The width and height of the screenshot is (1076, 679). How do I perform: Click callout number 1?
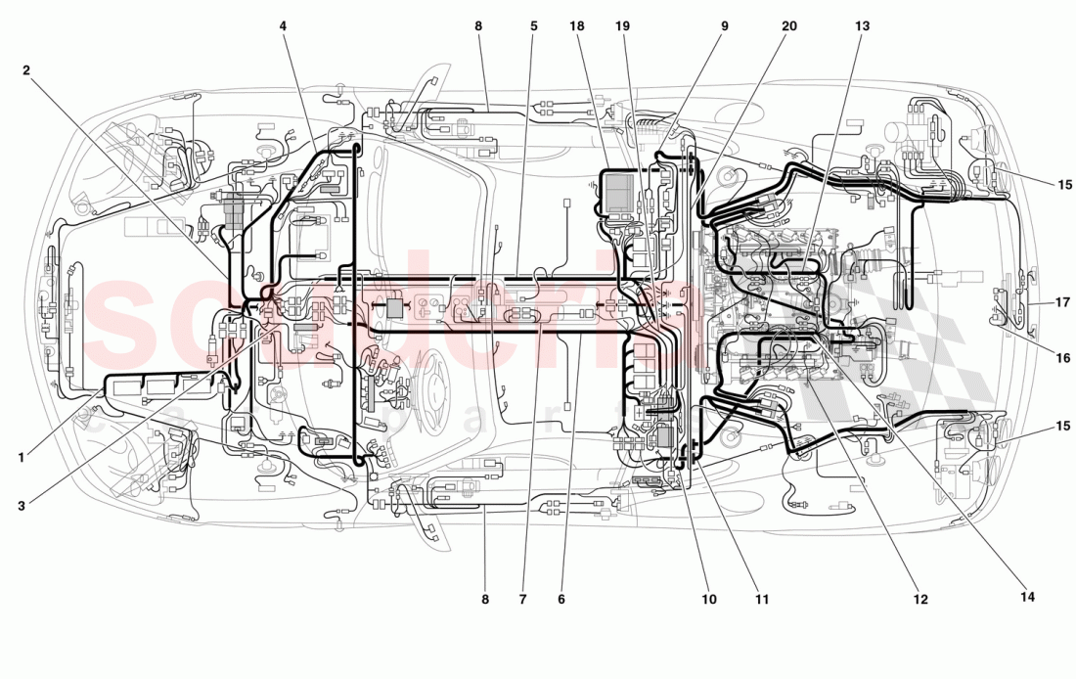[x=21, y=456]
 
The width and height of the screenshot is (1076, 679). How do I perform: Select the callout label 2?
[x=26, y=70]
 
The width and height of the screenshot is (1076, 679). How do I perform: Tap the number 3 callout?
[x=21, y=505]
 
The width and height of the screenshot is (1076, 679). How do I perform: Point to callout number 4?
[x=283, y=26]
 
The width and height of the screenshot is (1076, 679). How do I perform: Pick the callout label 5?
[x=534, y=26]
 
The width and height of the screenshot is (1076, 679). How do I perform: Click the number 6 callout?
[x=561, y=599]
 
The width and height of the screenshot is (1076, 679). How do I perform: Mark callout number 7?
[x=522, y=599]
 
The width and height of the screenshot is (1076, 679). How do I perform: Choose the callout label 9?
[x=725, y=26]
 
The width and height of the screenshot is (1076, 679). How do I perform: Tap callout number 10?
[x=708, y=599]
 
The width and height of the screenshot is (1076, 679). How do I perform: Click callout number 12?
[x=919, y=599]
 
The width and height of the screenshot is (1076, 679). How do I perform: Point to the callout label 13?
[x=862, y=26]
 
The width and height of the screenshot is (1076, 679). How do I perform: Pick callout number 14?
[x=1026, y=596]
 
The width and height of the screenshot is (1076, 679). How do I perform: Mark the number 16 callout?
[x=1063, y=358]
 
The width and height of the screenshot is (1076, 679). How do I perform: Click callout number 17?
[x=1063, y=302]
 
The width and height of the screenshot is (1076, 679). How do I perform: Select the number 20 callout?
[x=789, y=26]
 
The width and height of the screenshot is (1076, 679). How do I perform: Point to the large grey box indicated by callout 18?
[x=619, y=192]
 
